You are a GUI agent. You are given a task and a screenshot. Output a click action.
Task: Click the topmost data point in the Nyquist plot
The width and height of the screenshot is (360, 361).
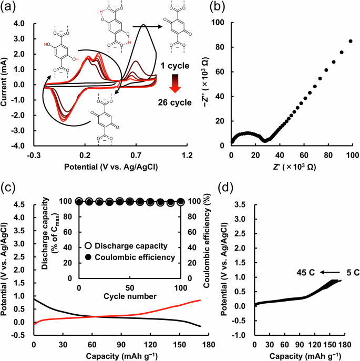point(351,41)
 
